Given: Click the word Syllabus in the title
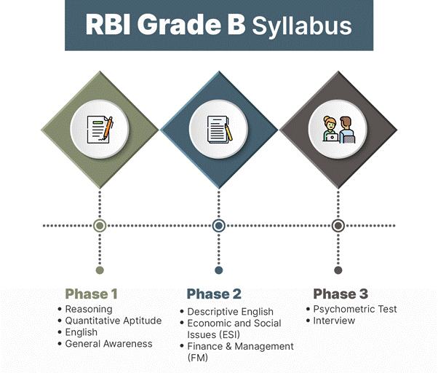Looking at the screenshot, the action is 302,26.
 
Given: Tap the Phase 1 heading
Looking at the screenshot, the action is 92,294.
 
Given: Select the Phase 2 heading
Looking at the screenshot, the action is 214,294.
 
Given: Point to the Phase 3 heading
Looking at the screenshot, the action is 341,294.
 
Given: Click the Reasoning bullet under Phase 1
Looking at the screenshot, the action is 89,309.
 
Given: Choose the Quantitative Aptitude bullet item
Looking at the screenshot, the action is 114,321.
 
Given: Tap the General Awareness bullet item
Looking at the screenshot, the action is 108,344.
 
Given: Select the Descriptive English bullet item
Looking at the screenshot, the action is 230,312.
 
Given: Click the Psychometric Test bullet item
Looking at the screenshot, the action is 355,309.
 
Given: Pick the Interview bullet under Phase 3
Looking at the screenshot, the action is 334,321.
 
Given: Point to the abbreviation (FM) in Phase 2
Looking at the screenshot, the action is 197,358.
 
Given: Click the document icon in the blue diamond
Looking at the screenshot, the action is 220,130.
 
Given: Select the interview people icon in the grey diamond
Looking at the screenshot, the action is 338,130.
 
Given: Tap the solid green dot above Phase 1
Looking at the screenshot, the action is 100,270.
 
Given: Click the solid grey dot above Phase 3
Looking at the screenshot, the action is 338,270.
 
